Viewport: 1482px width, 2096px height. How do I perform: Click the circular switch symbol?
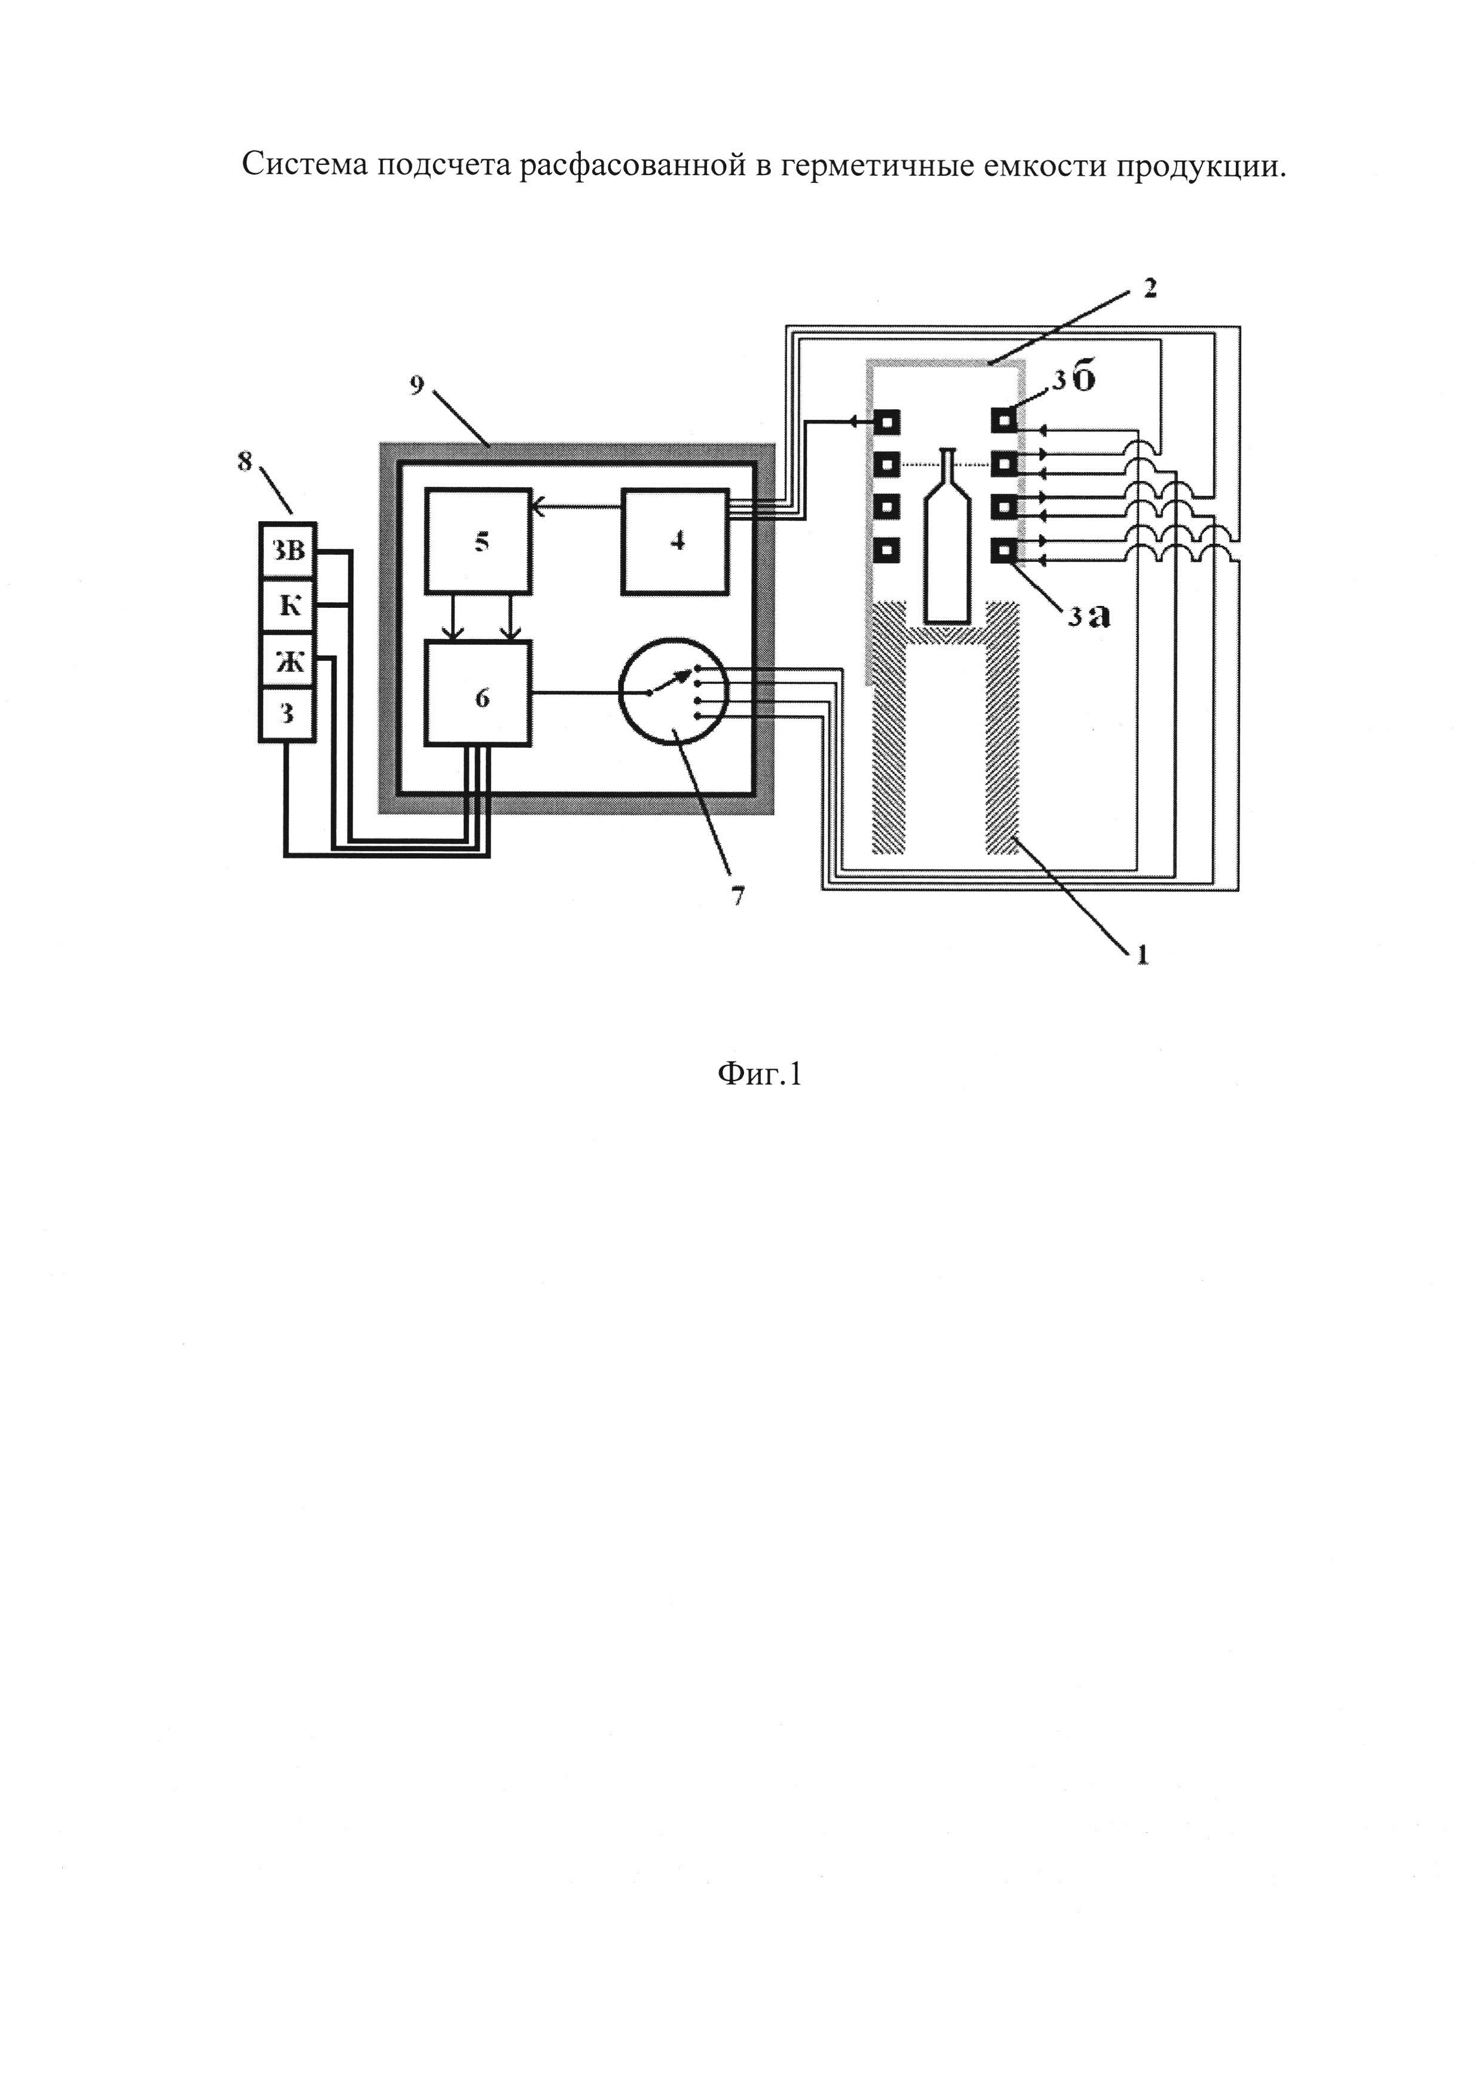coord(672,691)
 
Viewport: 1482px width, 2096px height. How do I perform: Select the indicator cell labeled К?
coord(287,605)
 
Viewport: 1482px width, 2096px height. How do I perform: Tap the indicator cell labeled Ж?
coord(287,660)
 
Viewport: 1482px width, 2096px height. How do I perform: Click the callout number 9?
coord(417,385)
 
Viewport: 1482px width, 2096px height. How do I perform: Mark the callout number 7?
coord(737,895)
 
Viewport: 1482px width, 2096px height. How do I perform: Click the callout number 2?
coord(1149,289)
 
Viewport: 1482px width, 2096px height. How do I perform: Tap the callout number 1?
coord(1141,955)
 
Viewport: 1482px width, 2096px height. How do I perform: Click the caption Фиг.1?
coord(760,1075)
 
